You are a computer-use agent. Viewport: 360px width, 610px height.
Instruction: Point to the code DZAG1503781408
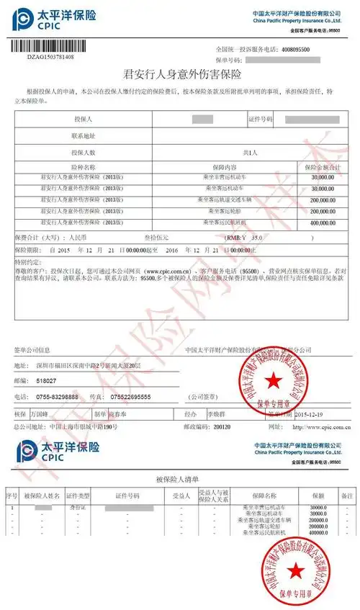coord(50,55)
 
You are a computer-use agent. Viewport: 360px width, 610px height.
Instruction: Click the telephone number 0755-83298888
coord(60,397)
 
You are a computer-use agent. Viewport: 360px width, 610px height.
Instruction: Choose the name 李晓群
coord(214,414)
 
